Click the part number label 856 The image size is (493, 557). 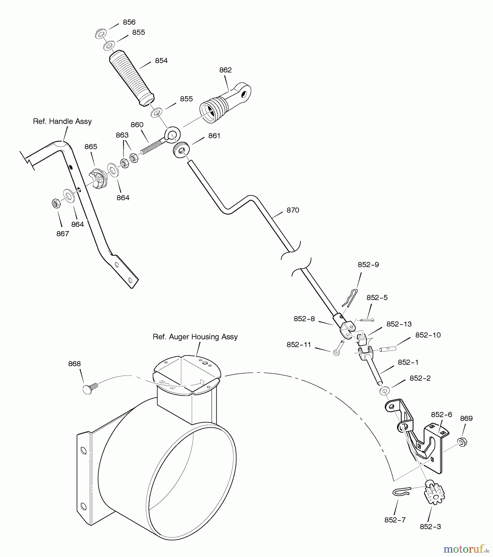(129, 22)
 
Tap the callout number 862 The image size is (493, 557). (225, 70)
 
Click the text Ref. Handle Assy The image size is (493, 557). (62, 121)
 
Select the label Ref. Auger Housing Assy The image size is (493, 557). (195, 337)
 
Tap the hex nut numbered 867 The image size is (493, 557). (56, 203)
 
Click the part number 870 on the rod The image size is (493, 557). (293, 210)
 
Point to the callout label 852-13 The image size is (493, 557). (399, 324)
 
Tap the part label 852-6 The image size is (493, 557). (441, 415)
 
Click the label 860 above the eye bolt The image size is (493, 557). (137, 125)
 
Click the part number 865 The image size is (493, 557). (91, 147)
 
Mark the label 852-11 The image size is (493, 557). (299, 345)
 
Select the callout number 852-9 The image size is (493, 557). (368, 265)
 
